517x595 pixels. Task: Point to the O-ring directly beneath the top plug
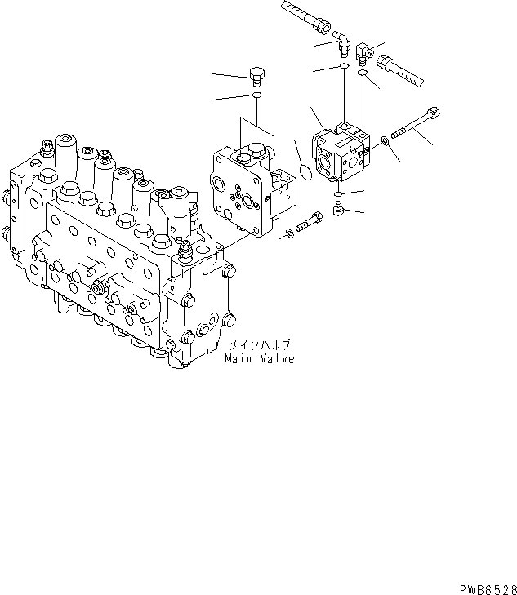tap(256, 96)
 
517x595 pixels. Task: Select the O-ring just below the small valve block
tap(336, 193)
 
